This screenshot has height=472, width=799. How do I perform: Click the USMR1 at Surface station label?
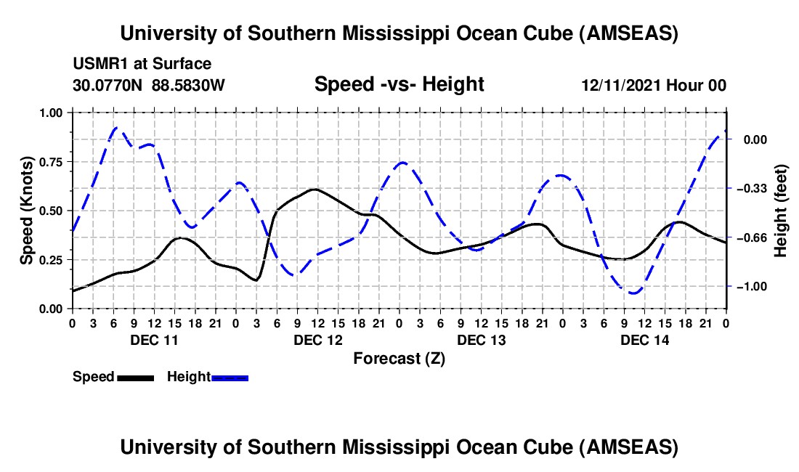(x=142, y=65)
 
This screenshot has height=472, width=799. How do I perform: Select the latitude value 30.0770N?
(x=109, y=85)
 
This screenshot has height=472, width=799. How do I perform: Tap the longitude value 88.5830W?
(x=189, y=85)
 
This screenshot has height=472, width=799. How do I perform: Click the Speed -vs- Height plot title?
(x=399, y=84)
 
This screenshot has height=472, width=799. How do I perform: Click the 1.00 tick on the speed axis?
(x=51, y=113)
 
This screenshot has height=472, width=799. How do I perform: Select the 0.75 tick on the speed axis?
(x=51, y=162)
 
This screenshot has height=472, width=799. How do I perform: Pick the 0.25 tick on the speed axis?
(x=51, y=260)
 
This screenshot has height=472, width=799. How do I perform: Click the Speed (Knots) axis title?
(x=26, y=211)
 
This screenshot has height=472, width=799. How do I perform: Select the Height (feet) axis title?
(x=782, y=211)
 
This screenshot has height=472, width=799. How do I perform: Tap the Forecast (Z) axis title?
(x=399, y=358)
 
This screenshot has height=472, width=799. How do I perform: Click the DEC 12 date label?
(x=317, y=340)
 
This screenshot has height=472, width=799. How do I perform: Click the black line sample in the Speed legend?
(x=135, y=378)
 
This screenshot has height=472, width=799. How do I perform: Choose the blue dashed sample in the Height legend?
(x=230, y=378)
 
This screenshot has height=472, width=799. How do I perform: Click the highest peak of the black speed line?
(x=314, y=190)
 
